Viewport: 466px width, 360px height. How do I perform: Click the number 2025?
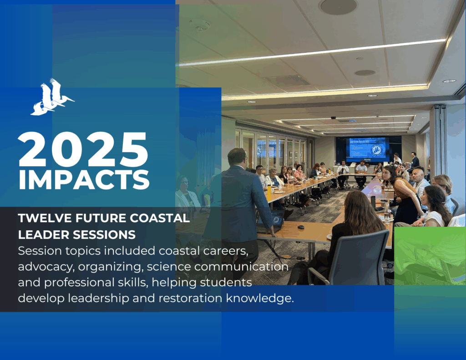pyautogui.click(x=83, y=150)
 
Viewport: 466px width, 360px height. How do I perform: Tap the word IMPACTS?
pyautogui.click(x=84, y=180)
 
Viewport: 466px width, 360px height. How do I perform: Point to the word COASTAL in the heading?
pyautogui.click(x=160, y=218)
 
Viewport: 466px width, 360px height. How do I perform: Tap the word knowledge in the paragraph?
pyautogui.click(x=260, y=298)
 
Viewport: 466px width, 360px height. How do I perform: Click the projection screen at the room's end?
pyautogui.click(x=368, y=148)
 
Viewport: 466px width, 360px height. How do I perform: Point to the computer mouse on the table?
pyautogui.click(x=301, y=227)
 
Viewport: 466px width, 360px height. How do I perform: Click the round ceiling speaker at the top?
pyautogui.click(x=339, y=6)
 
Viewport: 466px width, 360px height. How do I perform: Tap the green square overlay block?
pyautogui.click(x=430, y=256)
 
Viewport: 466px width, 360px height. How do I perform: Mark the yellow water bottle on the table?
pyautogui.click(x=269, y=193)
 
